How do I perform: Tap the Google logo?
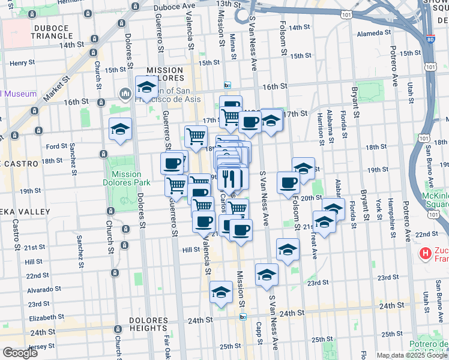pos(20,353)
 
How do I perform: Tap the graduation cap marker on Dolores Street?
pos(120,130)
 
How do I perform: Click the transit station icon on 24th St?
pos(243,316)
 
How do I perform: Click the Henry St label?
pos(22,62)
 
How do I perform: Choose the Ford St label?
pos(56,146)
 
